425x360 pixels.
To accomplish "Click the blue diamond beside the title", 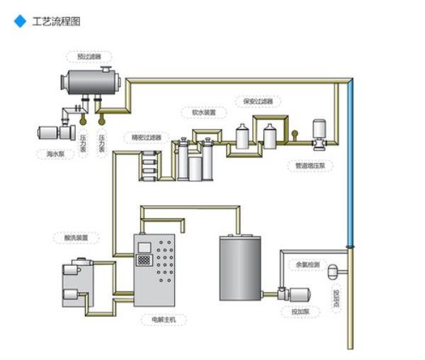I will (x=20, y=21).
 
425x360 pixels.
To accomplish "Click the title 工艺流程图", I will (x=57, y=21).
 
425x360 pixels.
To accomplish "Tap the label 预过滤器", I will (x=89, y=55).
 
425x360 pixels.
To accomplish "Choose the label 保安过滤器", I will (x=257, y=101).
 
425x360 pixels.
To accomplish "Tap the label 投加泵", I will (x=300, y=312).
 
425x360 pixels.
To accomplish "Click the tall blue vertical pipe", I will (x=351, y=163).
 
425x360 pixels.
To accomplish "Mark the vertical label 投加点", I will (x=336, y=300).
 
